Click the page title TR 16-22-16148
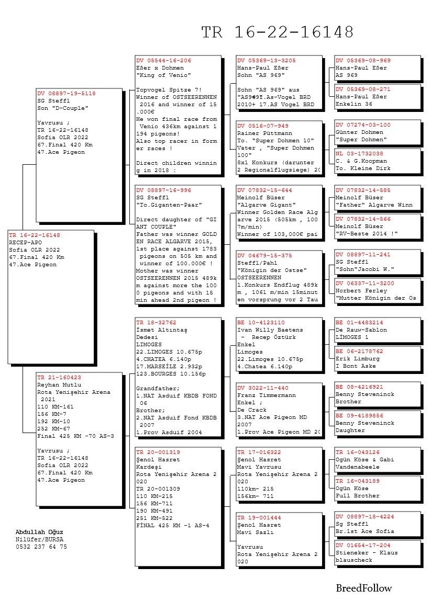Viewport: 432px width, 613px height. coord(278,32)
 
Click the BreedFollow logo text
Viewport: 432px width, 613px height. coord(363,588)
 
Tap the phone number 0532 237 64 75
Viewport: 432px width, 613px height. coord(41,547)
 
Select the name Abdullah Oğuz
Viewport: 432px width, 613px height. coord(39,532)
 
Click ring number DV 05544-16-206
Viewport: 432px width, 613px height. coord(163,61)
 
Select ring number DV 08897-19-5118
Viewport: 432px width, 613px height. coord(67,94)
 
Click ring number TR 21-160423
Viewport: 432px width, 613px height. coord(59,377)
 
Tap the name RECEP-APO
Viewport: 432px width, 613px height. coord(25,243)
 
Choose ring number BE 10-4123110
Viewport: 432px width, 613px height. coord(261,323)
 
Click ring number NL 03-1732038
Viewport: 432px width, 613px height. coord(359,154)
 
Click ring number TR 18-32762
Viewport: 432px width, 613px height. coord(156,323)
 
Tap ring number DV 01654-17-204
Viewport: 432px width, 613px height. coord(363,545)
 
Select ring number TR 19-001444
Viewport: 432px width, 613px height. coord(259,517)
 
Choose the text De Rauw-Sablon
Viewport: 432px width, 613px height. coord(361,330)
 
